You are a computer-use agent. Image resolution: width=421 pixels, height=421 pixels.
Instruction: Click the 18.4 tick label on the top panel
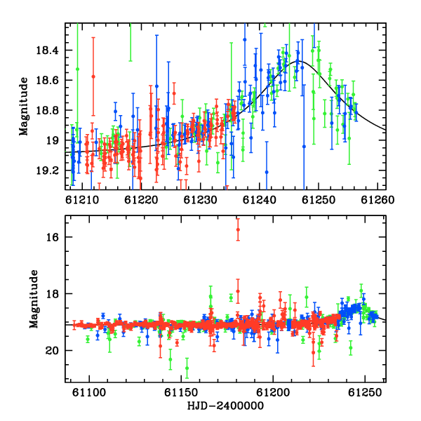coord(47,51)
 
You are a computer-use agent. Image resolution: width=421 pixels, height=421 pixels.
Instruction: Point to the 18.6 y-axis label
coord(47,80)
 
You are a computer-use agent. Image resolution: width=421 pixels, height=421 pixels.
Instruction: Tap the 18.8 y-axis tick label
coord(47,110)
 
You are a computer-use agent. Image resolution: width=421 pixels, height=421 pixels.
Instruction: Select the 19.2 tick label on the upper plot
coord(47,171)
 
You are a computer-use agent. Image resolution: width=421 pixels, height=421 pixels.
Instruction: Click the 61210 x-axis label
coord(82,200)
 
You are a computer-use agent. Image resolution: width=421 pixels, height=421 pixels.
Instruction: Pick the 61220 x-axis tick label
coord(141,200)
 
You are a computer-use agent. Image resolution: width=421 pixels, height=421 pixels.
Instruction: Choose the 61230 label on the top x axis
coord(200,200)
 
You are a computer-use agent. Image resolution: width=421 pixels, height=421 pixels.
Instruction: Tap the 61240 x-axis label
coord(260,200)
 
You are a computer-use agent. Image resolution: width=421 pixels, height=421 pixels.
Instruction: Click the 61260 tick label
coord(377,200)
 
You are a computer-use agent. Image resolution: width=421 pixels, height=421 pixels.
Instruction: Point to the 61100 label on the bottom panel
coord(89,393)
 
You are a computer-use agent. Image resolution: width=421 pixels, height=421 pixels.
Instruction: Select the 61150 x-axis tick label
coord(181,393)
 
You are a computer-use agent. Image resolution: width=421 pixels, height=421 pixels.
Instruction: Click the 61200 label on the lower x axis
coord(273,393)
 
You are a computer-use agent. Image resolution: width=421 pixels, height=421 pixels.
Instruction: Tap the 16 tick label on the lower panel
coord(53,237)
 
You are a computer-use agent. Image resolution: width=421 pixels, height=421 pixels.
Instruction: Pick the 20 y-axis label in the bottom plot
coord(52,351)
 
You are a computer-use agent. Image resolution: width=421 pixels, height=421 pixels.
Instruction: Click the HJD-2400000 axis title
coord(225,406)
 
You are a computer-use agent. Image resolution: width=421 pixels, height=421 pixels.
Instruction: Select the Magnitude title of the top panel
coord(24,107)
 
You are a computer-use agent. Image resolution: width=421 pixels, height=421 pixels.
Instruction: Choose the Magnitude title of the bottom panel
coord(34,299)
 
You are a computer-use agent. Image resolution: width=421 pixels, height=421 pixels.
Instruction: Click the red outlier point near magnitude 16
coord(238,229)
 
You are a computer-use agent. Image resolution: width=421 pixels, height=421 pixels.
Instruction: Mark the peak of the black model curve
coord(299,61)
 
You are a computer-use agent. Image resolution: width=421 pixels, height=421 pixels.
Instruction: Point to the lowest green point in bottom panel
coord(187,368)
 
